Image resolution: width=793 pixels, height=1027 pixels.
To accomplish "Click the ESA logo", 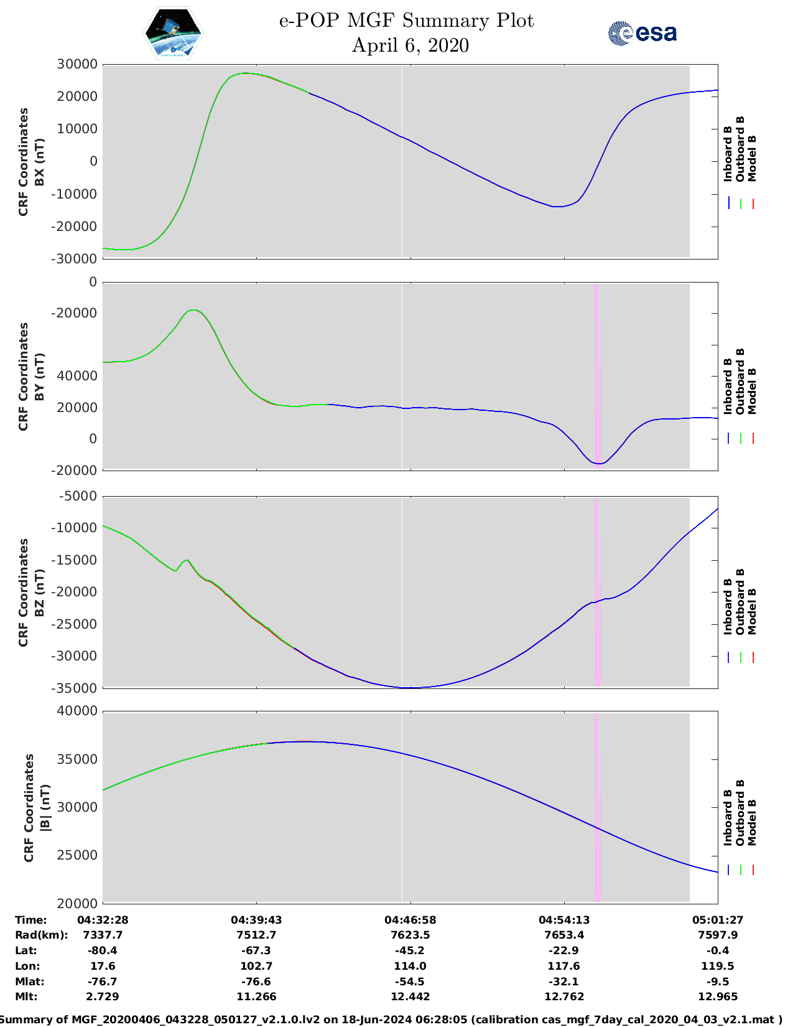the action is point(642,33).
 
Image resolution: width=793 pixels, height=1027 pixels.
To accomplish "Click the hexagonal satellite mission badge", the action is point(173,33).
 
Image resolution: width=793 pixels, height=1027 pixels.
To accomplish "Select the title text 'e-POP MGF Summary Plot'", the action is point(406,21).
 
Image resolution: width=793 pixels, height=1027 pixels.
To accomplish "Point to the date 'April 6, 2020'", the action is point(410,45).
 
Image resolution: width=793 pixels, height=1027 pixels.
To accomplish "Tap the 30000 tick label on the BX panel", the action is point(77,64).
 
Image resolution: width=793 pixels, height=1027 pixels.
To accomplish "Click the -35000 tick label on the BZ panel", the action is point(73,688).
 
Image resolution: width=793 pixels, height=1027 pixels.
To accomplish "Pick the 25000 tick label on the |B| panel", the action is point(77,855).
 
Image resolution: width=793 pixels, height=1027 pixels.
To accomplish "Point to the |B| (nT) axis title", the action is point(45,807).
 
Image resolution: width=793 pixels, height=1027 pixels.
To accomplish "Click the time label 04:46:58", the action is point(410,920).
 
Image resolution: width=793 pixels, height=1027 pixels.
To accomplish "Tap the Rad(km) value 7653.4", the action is point(564,936).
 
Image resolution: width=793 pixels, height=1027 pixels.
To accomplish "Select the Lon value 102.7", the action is point(256,966).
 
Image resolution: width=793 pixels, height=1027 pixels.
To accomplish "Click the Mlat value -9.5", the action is point(718,982).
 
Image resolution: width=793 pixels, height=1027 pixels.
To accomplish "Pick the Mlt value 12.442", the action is point(410,997).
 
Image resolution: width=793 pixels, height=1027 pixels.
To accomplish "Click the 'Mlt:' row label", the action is point(26,997).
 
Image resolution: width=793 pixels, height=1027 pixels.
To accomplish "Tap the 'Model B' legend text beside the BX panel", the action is point(752,158).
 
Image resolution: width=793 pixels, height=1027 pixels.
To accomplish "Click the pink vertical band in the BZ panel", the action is point(598,592).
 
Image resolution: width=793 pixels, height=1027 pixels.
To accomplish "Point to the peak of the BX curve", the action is point(244,73).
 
